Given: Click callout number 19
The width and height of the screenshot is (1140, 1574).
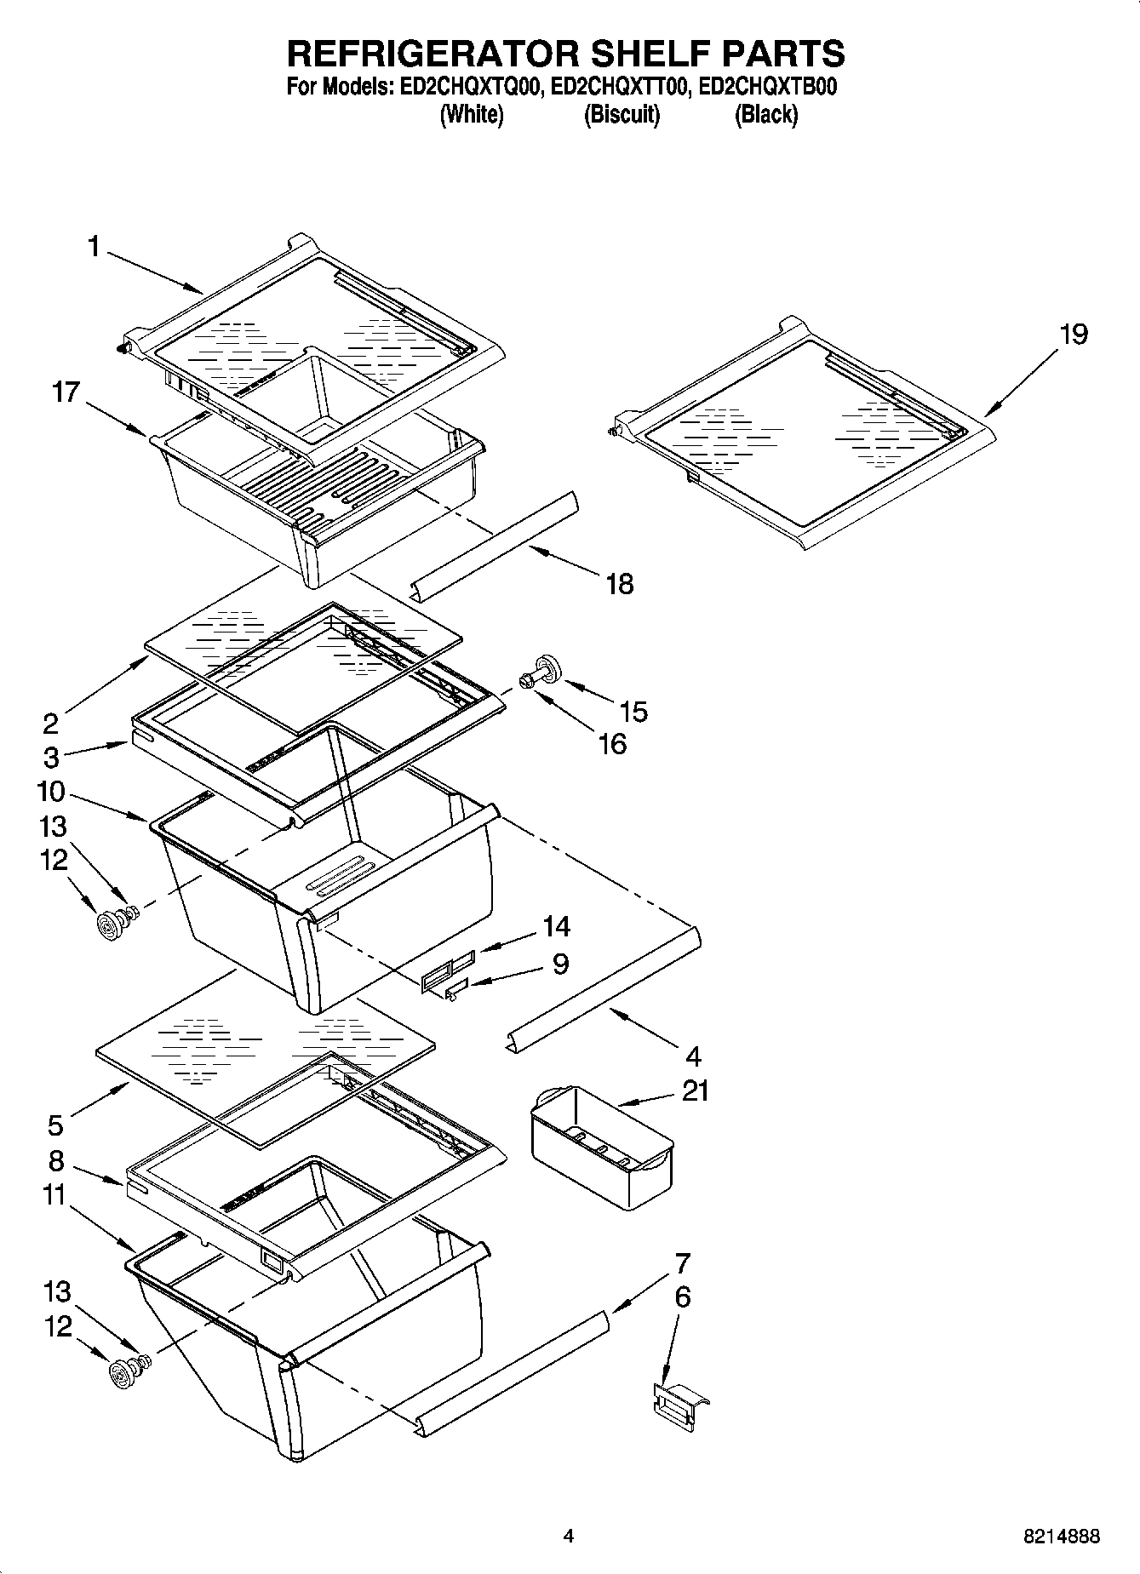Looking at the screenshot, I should click(1074, 334).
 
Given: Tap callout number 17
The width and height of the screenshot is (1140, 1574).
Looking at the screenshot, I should click(66, 392).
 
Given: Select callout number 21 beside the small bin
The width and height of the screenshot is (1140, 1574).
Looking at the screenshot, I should click(696, 1090).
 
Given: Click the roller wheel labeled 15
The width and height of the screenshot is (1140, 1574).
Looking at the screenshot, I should click(544, 667).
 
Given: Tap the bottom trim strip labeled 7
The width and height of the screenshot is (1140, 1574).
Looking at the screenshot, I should click(511, 1371).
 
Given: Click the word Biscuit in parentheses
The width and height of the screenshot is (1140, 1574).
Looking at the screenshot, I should click(622, 114).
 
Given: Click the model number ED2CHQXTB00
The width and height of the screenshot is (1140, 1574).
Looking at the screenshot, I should click(767, 87).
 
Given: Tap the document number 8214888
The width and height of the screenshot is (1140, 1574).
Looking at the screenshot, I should click(1061, 1537).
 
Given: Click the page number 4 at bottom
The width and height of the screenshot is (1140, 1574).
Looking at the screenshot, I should click(569, 1537).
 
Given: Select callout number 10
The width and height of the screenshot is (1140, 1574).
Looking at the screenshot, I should click(51, 792).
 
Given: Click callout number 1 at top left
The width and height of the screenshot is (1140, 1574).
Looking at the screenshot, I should click(94, 247).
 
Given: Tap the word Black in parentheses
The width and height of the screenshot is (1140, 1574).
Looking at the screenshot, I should click(765, 114).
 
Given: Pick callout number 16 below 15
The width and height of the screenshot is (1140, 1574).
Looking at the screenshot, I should click(612, 743).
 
